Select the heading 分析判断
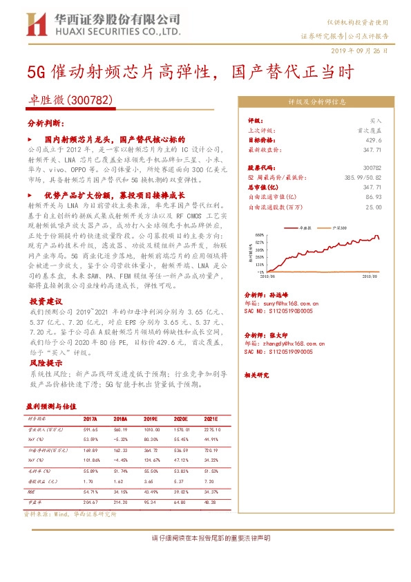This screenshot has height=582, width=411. [45, 122]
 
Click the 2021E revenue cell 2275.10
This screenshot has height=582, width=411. [209, 429]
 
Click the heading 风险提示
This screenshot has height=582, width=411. [46, 362]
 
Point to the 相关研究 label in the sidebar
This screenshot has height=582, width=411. [259, 375]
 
